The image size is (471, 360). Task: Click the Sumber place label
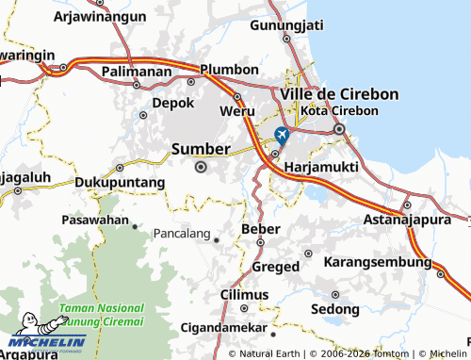pyautogui.click(x=201, y=149)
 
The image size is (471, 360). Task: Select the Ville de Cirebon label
pyautogui.click(x=339, y=94)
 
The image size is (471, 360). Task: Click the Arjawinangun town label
pyautogui.click(x=99, y=17)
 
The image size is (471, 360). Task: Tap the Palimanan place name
pyautogui.click(x=137, y=71)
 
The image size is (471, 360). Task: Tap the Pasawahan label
pyautogui.click(x=94, y=219)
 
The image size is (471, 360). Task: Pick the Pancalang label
pyautogui.click(x=183, y=232)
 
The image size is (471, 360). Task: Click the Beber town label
pyautogui.click(x=261, y=229)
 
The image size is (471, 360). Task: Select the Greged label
pyautogui.click(x=276, y=267)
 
